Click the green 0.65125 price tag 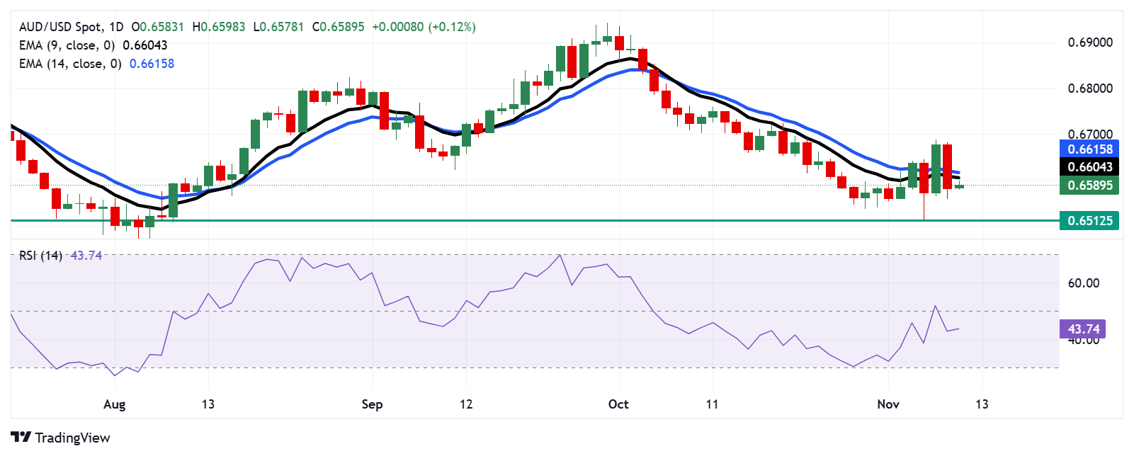pos(1089,221)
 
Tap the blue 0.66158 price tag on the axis pos(1089,149)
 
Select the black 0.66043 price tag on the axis pos(1089,167)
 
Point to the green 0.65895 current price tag pos(1089,186)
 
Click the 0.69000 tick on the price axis pos(1090,42)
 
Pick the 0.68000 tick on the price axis pos(1090,89)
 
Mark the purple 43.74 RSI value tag pos(1083,329)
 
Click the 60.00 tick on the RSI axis pos(1084,283)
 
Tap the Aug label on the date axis pos(114,404)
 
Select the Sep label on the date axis pos(372,404)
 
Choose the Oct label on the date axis pos(618,404)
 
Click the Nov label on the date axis pos(888,404)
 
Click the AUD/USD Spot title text pos(60,27)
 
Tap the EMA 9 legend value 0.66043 pos(145,45)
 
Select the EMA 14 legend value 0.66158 pos(152,64)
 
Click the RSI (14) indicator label pos(40,256)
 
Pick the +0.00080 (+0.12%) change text pos(424,27)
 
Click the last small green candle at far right pos(959,186)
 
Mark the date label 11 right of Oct pos(712,404)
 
